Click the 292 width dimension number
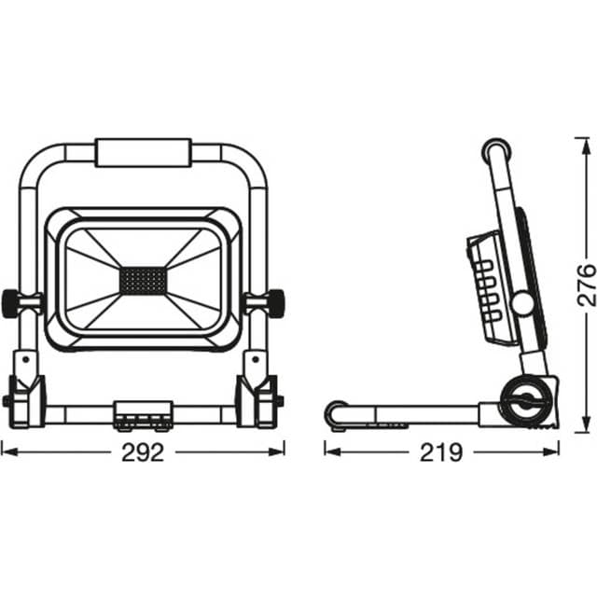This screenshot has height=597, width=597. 143,452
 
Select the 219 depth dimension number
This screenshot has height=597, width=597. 441,452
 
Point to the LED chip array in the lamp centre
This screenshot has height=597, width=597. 143,279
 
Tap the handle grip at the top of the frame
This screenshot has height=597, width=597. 143,153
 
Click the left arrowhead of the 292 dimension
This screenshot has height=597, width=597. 6,451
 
